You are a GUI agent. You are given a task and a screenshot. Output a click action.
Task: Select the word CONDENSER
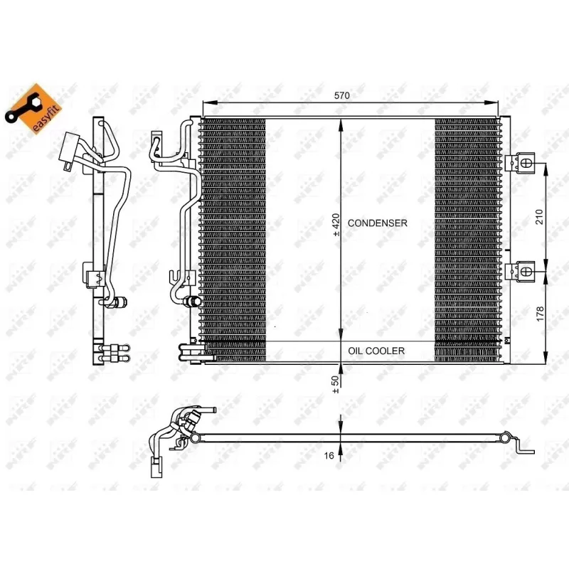(x=378, y=223)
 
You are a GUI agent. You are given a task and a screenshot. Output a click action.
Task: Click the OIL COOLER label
(x=376, y=351)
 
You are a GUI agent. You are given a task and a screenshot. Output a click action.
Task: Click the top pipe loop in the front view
(x=162, y=146)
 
